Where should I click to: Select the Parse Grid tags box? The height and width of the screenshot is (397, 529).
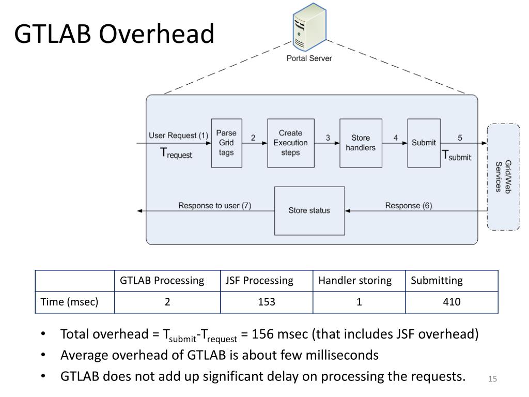click(x=226, y=143)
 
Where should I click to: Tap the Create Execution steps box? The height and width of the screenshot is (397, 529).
click(x=290, y=143)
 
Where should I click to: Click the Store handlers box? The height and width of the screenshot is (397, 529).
click(x=361, y=143)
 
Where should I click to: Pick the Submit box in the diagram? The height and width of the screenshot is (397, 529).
click(x=424, y=143)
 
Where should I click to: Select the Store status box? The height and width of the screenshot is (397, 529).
click(x=309, y=210)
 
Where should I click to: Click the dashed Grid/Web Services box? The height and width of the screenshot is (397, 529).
click(x=503, y=176)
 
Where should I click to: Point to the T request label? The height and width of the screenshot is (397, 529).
click(x=176, y=153)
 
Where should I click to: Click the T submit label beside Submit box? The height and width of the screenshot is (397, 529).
click(x=456, y=155)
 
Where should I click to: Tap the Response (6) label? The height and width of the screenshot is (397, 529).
click(x=409, y=205)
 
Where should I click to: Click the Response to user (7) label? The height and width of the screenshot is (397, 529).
click(x=214, y=205)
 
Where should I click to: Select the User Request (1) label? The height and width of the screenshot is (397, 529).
click(x=178, y=135)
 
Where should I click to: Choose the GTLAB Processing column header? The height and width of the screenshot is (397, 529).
click(x=162, y=281)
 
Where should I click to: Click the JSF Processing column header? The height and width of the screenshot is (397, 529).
click(x=259, y=281)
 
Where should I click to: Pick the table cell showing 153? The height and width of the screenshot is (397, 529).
click(x=267, y=302)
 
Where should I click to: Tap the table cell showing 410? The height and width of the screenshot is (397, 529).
click(x=452, y=302)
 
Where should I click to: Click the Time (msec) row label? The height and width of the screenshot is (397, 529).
click(x=69, y=302)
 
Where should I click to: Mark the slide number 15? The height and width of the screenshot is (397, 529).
click(x=492, y=380)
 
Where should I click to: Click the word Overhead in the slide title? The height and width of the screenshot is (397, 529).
click(x=156, y=34)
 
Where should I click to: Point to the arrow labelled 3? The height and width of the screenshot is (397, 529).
click(x=327, y=143)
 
